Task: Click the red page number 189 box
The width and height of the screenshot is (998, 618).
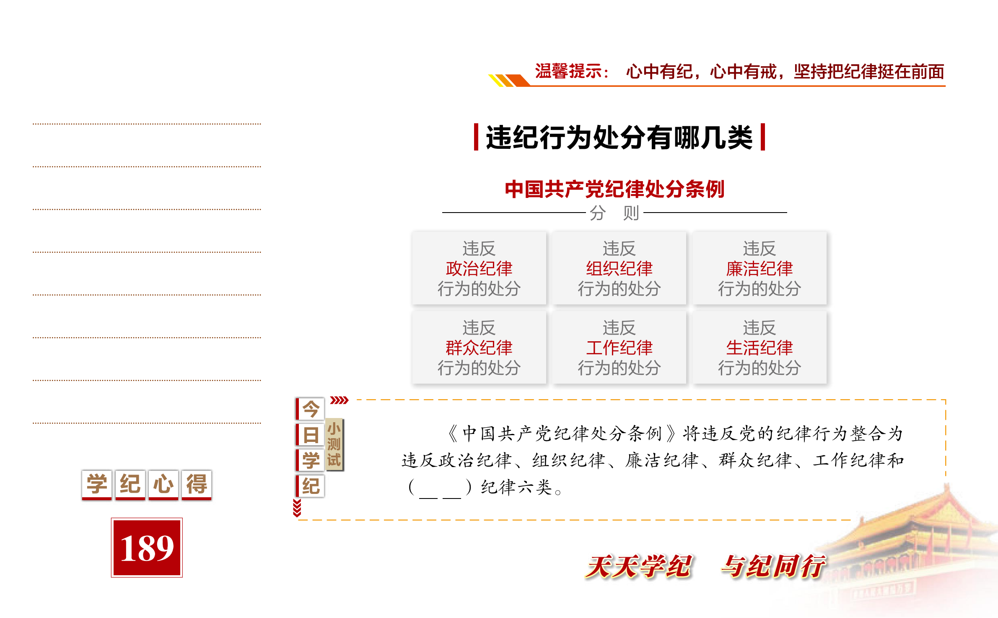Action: pyautogui.click(x=147, y=547)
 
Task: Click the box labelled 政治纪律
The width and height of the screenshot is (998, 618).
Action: pyautogui.click(x=479, y=268)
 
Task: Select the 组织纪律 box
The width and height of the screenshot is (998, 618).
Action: pyautogui.click(x=619, y=268)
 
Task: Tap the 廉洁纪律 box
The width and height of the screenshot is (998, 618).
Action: pyautogui.click(x=759, y=268)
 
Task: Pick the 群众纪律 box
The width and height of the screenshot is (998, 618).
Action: pyautogui.click(x=479, y=348)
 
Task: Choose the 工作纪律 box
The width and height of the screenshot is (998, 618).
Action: pyautogui.click(x=619, y=348)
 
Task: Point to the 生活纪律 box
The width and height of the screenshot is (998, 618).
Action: pyautogui.click(x=759, y=348)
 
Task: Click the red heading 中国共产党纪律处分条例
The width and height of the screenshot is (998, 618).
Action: pyautogui.click(x=614, y=189)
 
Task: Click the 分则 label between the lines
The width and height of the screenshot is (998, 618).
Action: pyautogui.click(x=614, y=213)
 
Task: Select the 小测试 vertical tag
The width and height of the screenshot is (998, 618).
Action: pyautogui.click(x=334, y=444)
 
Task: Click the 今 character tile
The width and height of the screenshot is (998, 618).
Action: pyautogui.click(x=311, y=409)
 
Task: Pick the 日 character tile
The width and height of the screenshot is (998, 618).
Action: pyautogui.click(x=311, y=435)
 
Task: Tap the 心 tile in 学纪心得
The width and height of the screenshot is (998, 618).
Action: pyautogui.click(x=163, y=484)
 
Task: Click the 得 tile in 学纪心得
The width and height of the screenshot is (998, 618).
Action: pyautogui.click(x=197, y=484)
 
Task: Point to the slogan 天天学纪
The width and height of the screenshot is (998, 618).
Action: pyautogui.click(x=639, y=566)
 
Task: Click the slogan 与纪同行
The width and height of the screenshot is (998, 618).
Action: pyautogui.click(x=773, y=566)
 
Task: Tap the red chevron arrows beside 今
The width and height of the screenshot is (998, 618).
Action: pyautogui.click(x=339, y=400)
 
